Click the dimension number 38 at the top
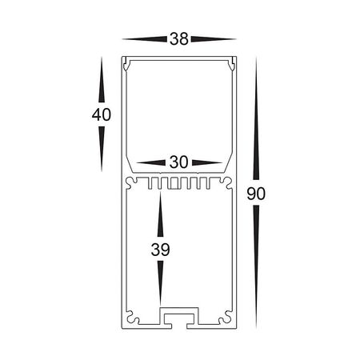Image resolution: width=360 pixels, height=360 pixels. pyautogui.click(x=179, y=38)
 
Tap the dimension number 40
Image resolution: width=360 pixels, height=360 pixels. pyautogui.click(x=102, y=114)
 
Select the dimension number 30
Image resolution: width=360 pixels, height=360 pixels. pyautogui.click(x=179, y=162)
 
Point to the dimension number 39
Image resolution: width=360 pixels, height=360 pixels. pyautogui.click(x=161, y=250)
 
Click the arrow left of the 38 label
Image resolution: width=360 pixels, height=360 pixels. pyautogui.click(x=144, y=38)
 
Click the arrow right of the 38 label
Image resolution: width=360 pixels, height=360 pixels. pyautogui.click(x=214, y=38)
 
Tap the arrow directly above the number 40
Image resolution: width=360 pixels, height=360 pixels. pyautogui.click(x=102, y=80)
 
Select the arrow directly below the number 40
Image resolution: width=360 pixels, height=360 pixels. pyautogui.click(x=102, y=148)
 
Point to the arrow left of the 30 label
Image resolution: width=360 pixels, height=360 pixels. pyautogui.click(x=152, y=162)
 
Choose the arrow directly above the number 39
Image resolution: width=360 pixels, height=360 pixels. pyautogui.click(x=161, y=216)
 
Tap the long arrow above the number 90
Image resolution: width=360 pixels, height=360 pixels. pyautogui.click(x=256, y=120)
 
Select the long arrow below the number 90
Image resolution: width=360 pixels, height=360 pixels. pyautogui.click(x=256, y=264)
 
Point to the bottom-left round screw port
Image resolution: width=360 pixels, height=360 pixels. pyautogui.click(x=135, y=319)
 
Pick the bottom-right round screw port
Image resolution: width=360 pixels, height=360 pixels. pyautogui.click(x=223, y=319)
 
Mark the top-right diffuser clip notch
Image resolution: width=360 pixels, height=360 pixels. pyautogui.click(x=231, y=63)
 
